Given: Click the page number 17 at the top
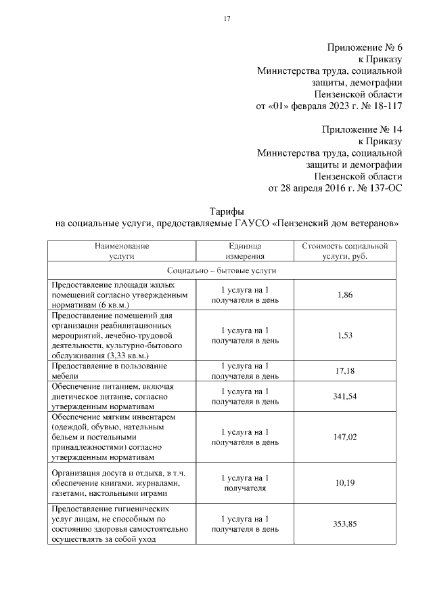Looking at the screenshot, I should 228,19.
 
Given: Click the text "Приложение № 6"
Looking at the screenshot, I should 365,47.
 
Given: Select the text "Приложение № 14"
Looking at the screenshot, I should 363,129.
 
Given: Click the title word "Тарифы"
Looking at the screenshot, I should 224,211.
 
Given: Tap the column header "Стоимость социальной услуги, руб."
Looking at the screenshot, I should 344,251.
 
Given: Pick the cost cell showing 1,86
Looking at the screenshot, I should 344,295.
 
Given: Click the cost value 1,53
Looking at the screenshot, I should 344,335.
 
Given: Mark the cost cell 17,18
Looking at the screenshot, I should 344,371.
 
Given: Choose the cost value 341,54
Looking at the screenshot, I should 344,396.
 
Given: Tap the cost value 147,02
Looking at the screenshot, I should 344,438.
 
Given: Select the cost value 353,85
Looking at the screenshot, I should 344,524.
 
